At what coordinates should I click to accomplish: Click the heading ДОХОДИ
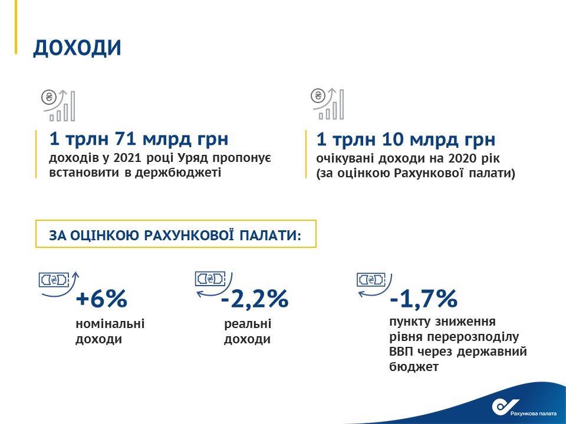[x=77, y=48]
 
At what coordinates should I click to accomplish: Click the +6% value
[x=101, y=299]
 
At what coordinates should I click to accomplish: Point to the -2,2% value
[x=255, y=299]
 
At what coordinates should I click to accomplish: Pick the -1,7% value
[x=423, y=299]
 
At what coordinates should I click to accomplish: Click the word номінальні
[x=110, y=323]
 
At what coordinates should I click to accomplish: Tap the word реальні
[x=248, y=324]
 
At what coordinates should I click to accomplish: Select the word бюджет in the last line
[x=414, y=366]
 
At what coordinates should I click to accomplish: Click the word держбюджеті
[x=178, y=173]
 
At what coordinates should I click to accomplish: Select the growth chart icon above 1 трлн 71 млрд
[x=58, y=105]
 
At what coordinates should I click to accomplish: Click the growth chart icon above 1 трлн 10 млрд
[x=327, y=104]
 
